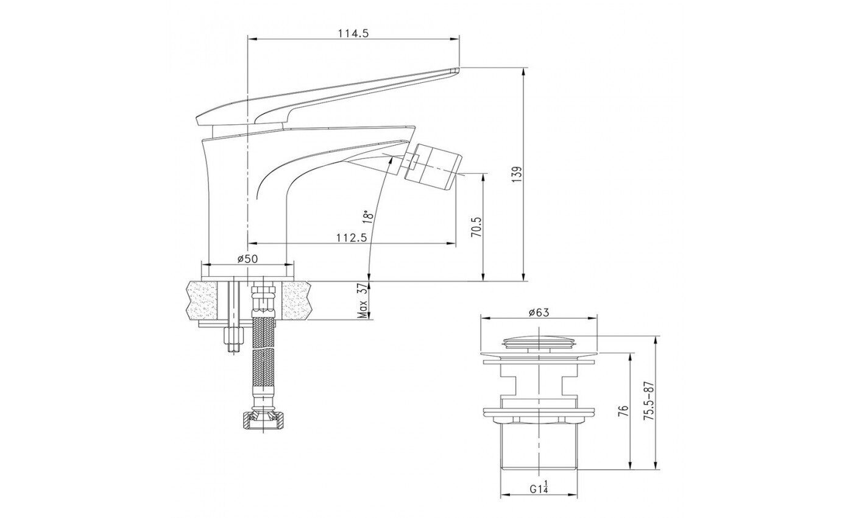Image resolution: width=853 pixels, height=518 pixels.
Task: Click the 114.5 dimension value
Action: tap(353, 34)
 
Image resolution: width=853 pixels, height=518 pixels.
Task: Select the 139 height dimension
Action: tap(517, 174)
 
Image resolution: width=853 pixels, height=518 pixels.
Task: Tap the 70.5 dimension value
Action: tap(476, 227)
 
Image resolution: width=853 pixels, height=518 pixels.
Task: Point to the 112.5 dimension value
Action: tap(352, 238)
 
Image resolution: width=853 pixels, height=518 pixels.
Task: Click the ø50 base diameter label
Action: tap(247, 259)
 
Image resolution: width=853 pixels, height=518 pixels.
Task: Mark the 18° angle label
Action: tap(367, 216)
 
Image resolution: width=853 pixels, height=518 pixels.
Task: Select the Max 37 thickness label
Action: tap(363, 301)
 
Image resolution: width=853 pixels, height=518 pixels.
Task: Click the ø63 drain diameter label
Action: tap(539, 312)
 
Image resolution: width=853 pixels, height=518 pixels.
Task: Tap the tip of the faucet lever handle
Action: tap(458, 69)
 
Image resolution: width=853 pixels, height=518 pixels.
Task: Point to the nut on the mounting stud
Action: tap(233, 335)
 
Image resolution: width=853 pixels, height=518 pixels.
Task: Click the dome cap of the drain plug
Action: tap(539, 340)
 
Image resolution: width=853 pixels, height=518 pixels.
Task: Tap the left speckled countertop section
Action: tap(201, 300)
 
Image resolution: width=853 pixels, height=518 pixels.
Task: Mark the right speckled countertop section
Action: tap(295, 300)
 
